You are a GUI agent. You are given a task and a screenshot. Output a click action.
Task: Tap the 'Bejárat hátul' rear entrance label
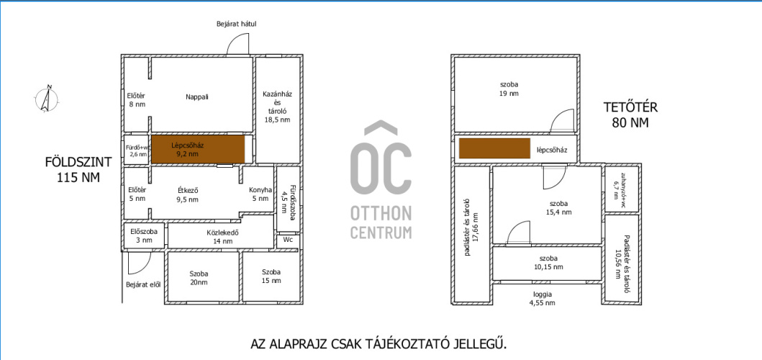[236, 23]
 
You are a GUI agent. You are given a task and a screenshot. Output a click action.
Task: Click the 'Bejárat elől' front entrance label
[143, 284]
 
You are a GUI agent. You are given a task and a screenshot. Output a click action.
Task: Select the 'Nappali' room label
[197, 96]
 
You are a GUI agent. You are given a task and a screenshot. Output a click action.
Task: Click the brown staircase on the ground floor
[198, 149]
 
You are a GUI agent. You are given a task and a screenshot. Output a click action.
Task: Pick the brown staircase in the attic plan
[494, 148]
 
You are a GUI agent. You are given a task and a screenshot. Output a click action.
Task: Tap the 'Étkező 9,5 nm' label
[187, 194]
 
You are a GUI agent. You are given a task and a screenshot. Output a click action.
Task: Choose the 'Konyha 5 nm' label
[260, 194]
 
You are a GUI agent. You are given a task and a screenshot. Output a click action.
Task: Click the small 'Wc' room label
[288, 240]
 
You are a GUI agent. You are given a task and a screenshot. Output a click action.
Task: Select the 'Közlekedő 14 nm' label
[219, 236]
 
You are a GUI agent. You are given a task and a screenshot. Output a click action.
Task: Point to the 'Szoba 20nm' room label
[199, 276]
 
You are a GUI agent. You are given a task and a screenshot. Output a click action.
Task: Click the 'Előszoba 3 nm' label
[141, 235]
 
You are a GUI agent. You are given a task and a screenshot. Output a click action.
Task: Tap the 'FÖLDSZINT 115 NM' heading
[78, 169]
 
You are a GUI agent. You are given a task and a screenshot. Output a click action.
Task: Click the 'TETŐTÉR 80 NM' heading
[630, 114]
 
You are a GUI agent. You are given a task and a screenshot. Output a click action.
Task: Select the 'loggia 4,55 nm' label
[543, 298]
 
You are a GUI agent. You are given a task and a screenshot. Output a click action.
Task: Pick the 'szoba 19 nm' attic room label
[509, 89]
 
